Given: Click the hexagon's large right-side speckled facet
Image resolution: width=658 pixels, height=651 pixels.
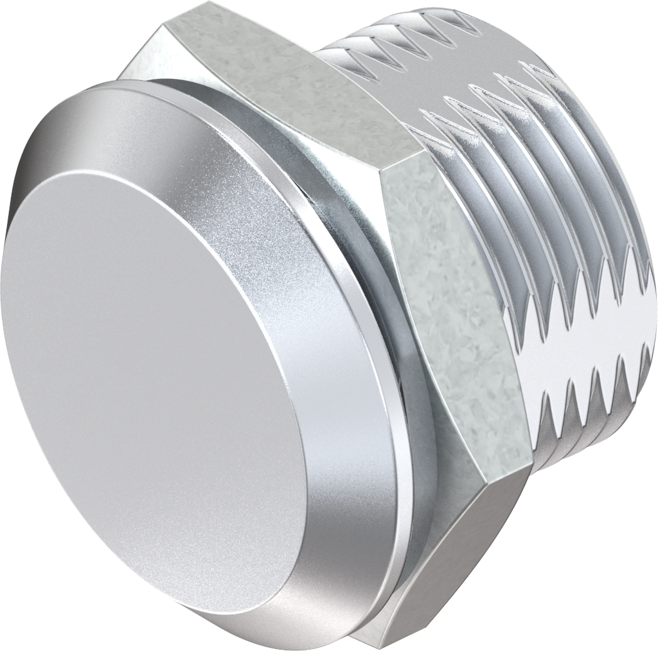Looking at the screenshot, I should (450, 308).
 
